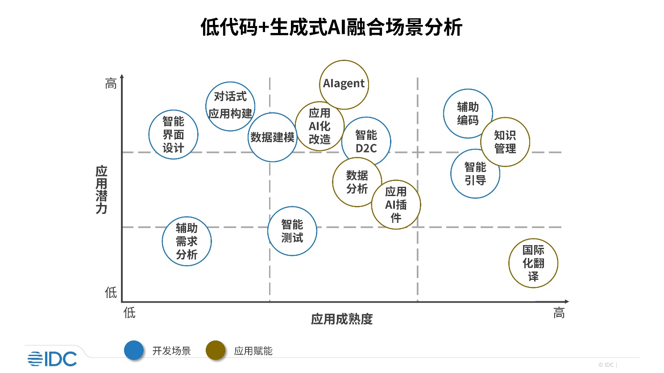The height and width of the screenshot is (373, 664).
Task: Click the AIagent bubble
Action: (x=344, y=84)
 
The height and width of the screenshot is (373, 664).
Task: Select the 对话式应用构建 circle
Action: (x=230, y=106)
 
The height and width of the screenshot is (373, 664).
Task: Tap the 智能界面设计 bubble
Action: (x=173, y=135)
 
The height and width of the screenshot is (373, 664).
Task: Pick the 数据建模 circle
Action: (x=272, y=137)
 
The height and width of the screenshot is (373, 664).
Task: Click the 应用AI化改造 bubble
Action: (x=320, y=126)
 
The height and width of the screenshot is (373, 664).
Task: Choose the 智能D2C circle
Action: (x=366, y=142)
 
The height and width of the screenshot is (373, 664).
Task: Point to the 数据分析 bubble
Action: (x=357, y=182)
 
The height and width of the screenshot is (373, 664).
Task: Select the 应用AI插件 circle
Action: (x=396, y=205)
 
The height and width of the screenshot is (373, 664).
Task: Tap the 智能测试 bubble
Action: (x=292, y=231)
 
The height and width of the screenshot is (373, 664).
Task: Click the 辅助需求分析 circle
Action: (x=187, y=242)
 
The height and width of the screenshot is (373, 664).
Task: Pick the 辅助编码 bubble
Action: (x=468, y=114)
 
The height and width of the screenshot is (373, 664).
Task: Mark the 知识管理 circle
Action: (x=505, y=142)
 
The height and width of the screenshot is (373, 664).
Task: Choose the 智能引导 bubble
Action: (x=475, y=174)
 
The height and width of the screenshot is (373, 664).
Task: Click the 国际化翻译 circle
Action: (x=533, y=263)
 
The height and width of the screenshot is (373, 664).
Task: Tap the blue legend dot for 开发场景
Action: (x=134, y=350)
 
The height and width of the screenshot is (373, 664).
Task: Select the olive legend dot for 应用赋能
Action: (x=216, y=350)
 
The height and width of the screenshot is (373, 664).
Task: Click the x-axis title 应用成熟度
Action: (x=342, y=319)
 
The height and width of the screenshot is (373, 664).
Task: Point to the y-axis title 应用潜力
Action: (x=102, y=190)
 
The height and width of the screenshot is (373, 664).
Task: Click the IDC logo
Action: (x=52, y=359)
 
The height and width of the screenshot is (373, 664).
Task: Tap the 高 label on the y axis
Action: (x=111, y=84)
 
